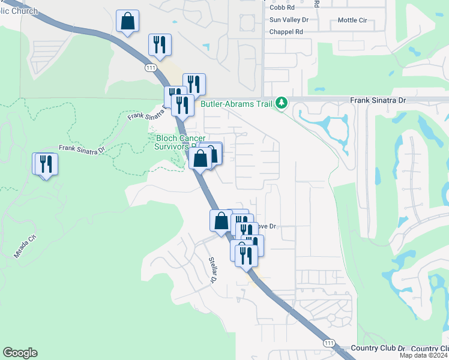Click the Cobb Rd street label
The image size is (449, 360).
pyautogui.click(x=282, y=7)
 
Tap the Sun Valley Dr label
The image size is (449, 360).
pyautogui.click(x=289, y=20)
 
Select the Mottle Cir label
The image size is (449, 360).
pyautogui.click(x=352, y=20)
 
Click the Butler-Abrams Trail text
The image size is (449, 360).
pyautogui.click(x=236, y=103)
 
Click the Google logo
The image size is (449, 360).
pyautogui.click(x=20, y=353)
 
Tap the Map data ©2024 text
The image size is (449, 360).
pyautogui.click(x=423, y=356)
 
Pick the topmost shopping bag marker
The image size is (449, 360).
pyautogui.click(x=128, y=22)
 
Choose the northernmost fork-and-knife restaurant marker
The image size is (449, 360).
pyautogui.click(x=160, y=45)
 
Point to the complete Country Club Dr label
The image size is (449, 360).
pyautogui.click(x=378, y=348)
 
